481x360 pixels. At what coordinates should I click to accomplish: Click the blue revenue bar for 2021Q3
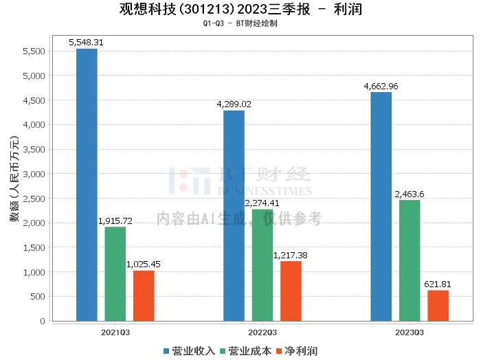[87, 185]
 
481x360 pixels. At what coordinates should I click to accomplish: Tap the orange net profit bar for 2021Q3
[144, 295]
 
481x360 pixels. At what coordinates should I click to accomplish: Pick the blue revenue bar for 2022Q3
[234, 216]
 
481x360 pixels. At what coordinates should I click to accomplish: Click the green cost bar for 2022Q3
[262, 265]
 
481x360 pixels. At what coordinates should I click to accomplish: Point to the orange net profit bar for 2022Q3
[291, 291]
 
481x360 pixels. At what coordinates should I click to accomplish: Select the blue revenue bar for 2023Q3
[381, 206]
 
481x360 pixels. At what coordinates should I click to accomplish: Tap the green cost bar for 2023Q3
[409, 260]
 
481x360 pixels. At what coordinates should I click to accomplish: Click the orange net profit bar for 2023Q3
[438, 305]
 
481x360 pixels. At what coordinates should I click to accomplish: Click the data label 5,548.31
[87, 43]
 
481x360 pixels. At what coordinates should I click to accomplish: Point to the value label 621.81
[438, 284]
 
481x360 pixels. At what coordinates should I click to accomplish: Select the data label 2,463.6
[409, 194]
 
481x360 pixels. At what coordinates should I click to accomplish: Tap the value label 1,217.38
[291, 255]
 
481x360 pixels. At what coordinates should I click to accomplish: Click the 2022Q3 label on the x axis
[262, 330]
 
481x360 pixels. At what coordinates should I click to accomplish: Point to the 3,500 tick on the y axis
[34, 149]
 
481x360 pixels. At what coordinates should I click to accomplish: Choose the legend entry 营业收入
[190, 351]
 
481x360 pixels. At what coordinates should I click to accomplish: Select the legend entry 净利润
[296, 351]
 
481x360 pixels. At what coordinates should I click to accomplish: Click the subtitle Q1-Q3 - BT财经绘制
[240, 23]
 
